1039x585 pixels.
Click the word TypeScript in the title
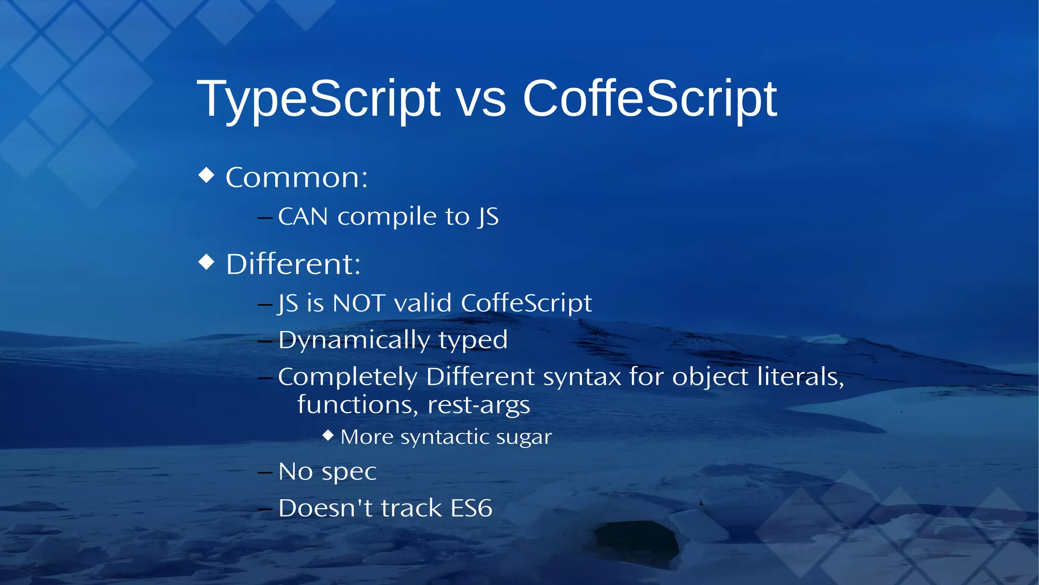318,100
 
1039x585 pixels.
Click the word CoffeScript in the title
649,99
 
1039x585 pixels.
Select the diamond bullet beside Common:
206,175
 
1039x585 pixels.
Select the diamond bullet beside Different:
206,262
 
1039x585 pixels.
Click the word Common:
296,178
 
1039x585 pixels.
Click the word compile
387,217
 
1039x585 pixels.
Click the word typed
473,340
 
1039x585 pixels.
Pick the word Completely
348,377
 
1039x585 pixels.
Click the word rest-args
478,405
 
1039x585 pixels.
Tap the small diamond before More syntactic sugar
328,435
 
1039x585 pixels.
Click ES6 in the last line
471,508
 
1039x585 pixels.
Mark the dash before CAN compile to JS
265,218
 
